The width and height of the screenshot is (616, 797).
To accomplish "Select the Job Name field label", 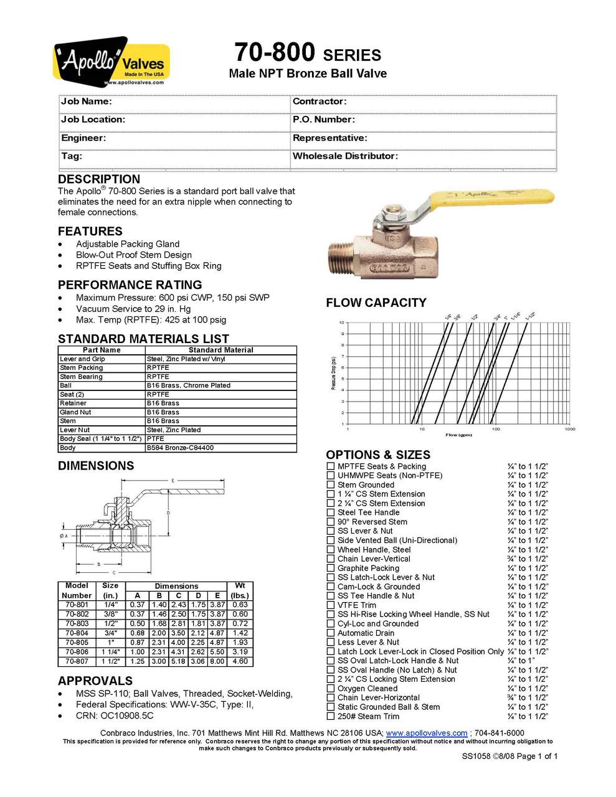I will pyautogui.click(x=87, y=101).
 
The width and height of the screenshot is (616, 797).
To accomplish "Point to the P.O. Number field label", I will pyautogui.click(x=324, y=120).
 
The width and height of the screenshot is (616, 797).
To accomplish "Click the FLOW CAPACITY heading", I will pyautogui.click(x=376, y=303).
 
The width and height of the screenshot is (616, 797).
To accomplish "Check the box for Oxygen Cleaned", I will pyautogui.click(x=331, y=689).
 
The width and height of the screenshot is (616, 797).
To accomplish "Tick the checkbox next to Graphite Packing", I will pyautogui.click(x=331, y=568).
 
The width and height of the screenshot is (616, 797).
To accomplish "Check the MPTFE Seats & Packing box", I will pyautogui.click(x=331, y=466).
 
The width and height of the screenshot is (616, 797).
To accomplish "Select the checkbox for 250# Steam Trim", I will pyautogui.click(x=331, y=717).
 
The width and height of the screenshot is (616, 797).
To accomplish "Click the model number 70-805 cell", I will pyautogui.click(x=77, y=643).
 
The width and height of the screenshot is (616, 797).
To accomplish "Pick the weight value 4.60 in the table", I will pyautogui.click(x=240, y=661).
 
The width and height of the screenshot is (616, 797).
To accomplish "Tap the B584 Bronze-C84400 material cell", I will pyautogui.click(x=180, y=448).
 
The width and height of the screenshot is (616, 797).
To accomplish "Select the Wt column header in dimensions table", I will pyautogui.click(x=240, y=586).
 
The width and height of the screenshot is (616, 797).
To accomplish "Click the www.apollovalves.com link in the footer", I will pyautogui.click(x=427, y=733).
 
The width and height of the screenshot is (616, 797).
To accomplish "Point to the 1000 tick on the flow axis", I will pyautogui.click(x=569, y=429).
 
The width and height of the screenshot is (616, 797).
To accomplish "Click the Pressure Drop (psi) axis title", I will pyautogui.click(x=334, y=374).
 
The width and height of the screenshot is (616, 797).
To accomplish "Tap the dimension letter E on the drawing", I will pyautogui.click(x=173, y=481).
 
